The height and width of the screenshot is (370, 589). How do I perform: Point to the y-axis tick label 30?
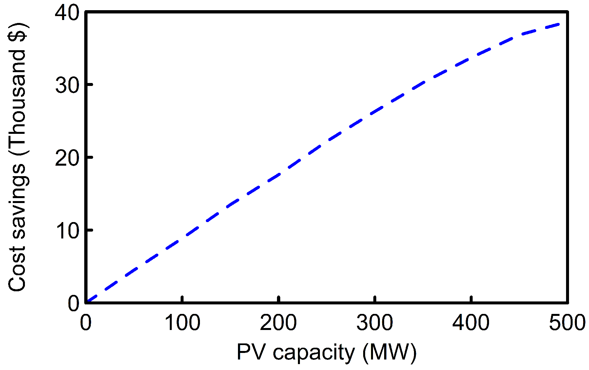[x=67, y=86]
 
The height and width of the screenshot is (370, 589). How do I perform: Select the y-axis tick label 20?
[x=67, y=158]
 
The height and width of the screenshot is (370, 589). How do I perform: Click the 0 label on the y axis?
[x=73, y=303]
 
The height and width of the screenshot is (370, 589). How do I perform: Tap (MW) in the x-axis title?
[x=389, y=353]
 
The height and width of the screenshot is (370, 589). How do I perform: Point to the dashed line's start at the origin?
[x=87, y=301]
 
